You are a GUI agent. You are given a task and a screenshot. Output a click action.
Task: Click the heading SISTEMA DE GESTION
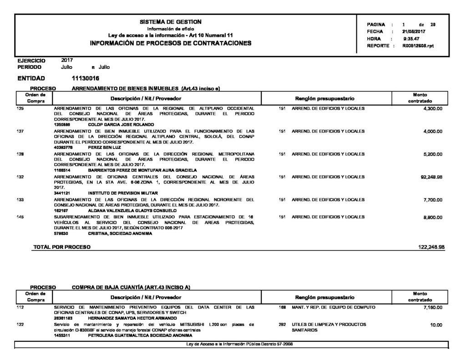click(x=171, y=22)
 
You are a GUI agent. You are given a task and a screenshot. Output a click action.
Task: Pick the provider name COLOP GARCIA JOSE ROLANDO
click(x=121, y=124)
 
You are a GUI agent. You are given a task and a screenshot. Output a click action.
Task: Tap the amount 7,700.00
click(x=433, y=199)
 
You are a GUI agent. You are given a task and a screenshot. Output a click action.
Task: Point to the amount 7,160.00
click(x=433, y=308)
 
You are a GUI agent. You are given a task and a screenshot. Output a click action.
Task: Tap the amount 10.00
click(x=436, y=325)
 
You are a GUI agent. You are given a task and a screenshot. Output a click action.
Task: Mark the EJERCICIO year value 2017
click(x=67, y=60)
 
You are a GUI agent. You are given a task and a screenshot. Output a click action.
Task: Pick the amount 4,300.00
click(x=433, y=109)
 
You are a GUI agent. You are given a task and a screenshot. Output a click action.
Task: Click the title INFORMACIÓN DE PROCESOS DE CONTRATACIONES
click(x=171, y=43)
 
